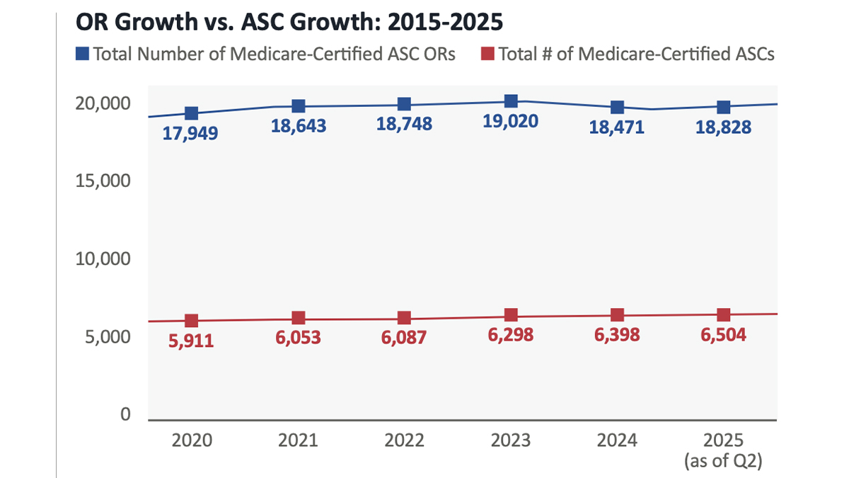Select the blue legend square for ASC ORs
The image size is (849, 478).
pyautogui.click(x=82, y=54)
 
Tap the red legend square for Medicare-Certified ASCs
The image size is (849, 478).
pyautogui.click(x=488, y=54)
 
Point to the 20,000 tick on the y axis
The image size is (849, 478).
pyautogui.click(x=103, y=104)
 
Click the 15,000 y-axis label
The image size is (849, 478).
pyautogui.click(x=103, y=181)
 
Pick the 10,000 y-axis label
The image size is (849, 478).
pyautogui.click(x=103, y=259)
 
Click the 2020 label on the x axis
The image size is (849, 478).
pyautogui.click(x=192, y=441)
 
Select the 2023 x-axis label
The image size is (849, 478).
pyautogui.click(x=511, y=441)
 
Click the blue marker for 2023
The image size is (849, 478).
pyautogui.click(x=511, y=101)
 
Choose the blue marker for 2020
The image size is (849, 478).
pyautogui.click(x=192, y=113)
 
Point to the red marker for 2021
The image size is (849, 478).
pyautogui.click(x=298, y=319)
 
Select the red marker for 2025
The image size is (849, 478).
pyautogui.click(x=723, y=315)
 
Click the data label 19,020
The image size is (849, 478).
pyautogui.click(x=511, y=121)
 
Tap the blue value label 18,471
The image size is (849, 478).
pyautogui.click(x=617, y=128)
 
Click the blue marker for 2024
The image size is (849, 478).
pyautogui.click(x=617, y=108)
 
